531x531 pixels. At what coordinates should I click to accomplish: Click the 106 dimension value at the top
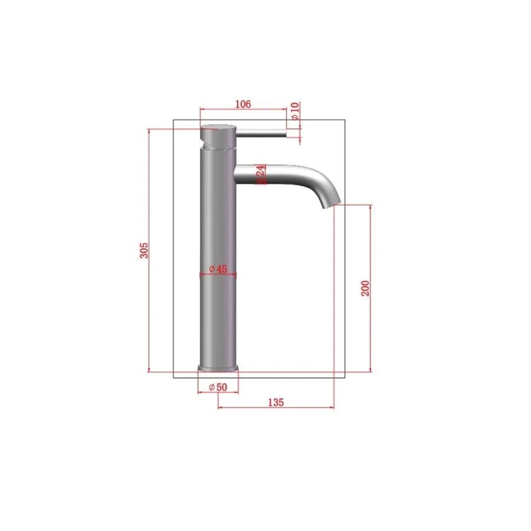click(243, 104)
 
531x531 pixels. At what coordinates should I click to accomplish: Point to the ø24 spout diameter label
click(261, 174)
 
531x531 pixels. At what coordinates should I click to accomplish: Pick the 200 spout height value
click(365, 288)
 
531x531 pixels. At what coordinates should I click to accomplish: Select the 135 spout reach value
click(276, 402)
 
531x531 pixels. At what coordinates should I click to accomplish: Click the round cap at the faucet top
click(219, 127)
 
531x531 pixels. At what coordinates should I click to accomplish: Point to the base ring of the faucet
click(218, 369)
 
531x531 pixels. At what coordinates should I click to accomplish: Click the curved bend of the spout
click(322, 180)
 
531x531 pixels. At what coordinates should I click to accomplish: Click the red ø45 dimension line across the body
click(219, 275)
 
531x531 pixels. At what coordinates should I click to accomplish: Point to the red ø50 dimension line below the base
click(218, 393)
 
